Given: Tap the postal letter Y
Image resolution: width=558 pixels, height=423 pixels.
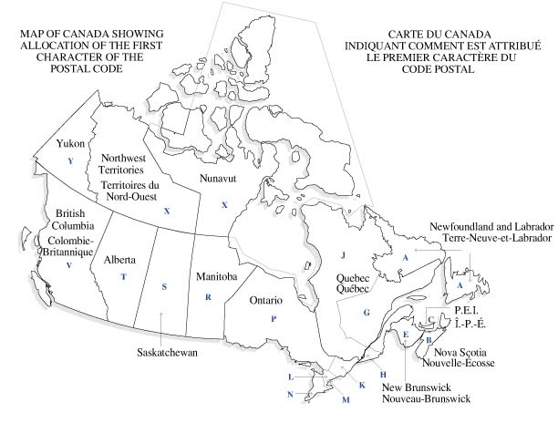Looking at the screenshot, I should tap(69, 160).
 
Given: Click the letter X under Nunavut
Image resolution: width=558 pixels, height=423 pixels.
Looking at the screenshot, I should tap(223, 205).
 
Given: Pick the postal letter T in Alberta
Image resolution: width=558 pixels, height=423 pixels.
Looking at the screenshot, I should tap(123, 276).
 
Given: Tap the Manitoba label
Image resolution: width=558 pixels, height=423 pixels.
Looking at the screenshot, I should tap(216, 275).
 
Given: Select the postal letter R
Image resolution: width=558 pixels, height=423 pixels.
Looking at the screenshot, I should tap(208, 297).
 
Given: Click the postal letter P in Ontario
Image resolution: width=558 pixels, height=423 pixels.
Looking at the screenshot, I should tap(273, 318).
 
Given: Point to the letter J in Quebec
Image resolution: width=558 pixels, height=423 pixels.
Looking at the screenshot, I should tap(344, 254).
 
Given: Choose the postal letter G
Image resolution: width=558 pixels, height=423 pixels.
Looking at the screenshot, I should tap(367, 313).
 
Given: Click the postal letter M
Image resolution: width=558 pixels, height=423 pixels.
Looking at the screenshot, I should tap(345, 400).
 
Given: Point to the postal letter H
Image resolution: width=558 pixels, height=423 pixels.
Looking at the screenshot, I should tap(384, 375).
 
